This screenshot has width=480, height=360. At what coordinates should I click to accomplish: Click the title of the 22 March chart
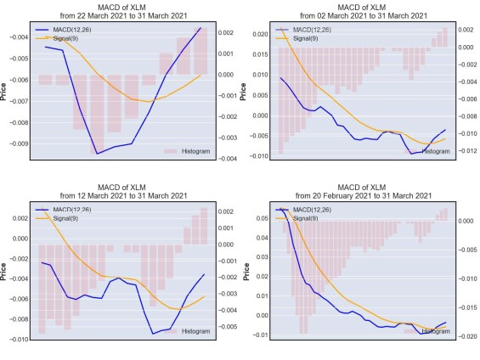pos(123,11)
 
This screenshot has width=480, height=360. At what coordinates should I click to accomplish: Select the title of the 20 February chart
pos(364,192)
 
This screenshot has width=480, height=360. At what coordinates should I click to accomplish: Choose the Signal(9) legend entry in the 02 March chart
pos(297,38)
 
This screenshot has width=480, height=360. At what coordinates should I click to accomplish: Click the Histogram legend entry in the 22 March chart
pos(187,151)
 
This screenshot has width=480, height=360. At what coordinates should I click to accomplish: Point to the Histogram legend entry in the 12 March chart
pos(187,331)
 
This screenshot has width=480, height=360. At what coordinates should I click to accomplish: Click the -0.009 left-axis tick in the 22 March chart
pos(19,143)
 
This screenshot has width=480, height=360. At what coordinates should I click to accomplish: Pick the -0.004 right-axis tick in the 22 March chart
pos(228,159)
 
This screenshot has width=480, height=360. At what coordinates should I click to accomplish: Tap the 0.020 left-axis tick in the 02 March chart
pos(260,34)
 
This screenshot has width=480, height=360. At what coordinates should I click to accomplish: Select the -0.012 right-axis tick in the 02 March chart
pos(467,150)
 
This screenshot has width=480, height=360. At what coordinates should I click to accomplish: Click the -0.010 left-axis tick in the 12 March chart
pos(19,340)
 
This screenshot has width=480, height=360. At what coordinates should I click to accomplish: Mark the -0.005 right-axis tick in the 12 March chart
pos(228,327)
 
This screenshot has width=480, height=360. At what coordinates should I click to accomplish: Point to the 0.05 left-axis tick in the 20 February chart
pos(262,218)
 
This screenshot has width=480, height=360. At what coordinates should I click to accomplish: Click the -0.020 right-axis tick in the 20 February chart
pos(467,336)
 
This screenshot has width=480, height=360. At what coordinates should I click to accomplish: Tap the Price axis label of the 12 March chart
pos(3,272)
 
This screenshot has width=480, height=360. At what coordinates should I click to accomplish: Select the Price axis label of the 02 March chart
pos(243,92)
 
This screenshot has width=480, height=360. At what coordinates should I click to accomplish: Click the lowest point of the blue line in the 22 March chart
pos(98,154)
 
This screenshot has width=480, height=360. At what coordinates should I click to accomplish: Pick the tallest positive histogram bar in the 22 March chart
pos(200,51)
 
